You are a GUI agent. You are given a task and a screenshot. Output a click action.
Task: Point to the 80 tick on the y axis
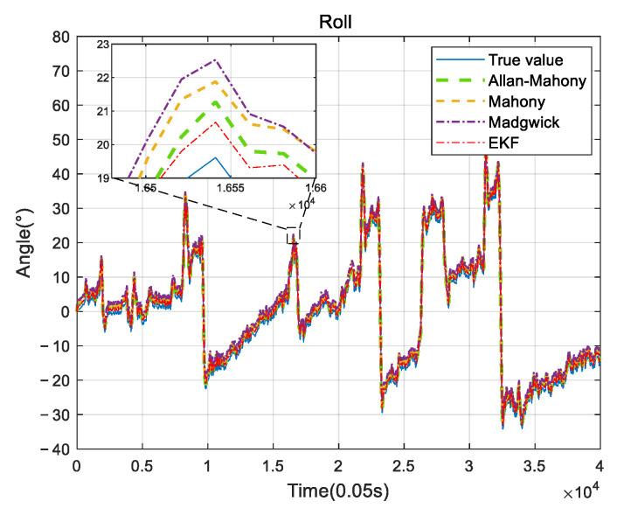point(60,37)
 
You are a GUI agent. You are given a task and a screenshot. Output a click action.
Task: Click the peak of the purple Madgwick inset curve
point(214,59)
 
